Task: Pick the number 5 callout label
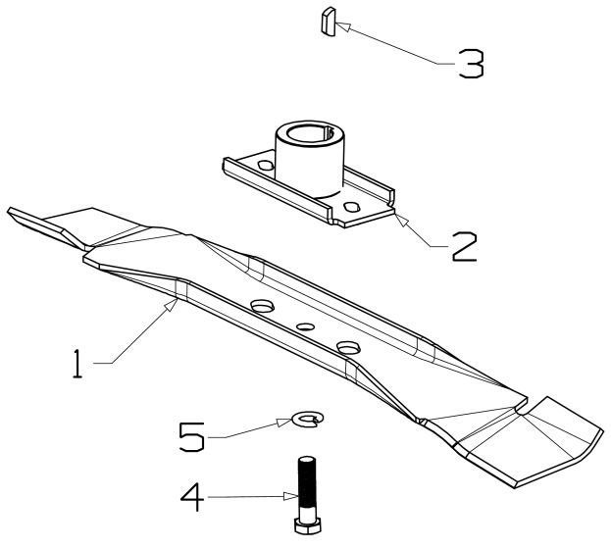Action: coord(192,434)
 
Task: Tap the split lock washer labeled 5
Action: coord(307,421)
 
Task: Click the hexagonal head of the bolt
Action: coord(307,525)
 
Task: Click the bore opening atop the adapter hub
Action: coord(308,132)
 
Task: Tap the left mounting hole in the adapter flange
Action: coord(262,168)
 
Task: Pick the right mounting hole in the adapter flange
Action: coord(352,208)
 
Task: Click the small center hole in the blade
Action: coord(305,326)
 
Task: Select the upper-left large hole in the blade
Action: coord(261,307)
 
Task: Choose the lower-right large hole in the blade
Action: coord(348,347)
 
